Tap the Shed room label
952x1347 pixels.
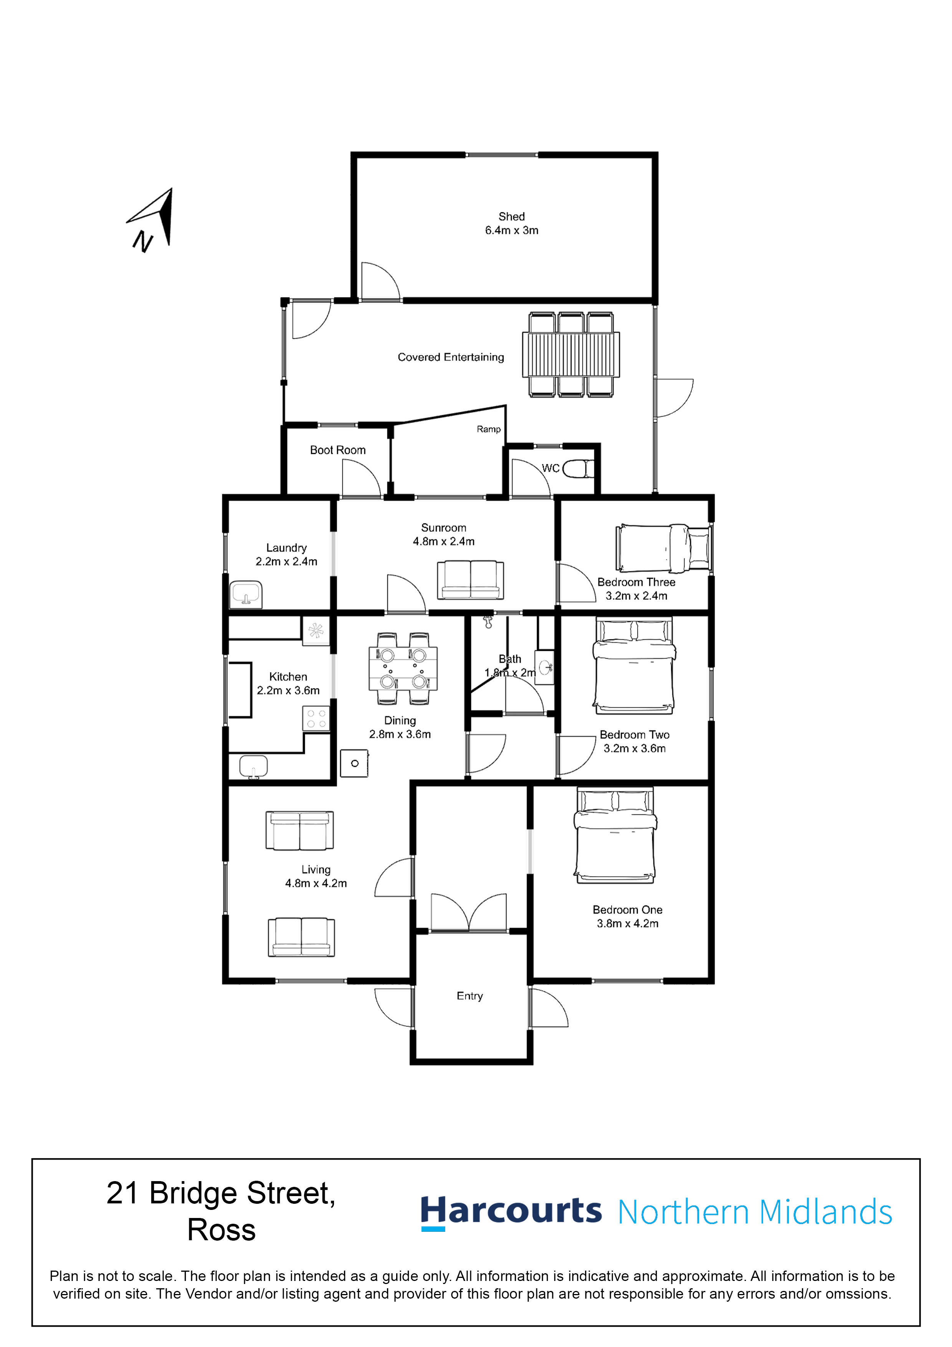pyautogui.click(x=511, y=217)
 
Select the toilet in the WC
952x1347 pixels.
pyautogui.click(x=578, y=469)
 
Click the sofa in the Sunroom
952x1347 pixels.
pyautogui.click(x=470, y=580)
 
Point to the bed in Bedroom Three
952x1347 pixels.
pyautogui.click(x=663, y=548)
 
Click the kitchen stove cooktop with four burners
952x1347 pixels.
pyautogui.click(x=316, y=719)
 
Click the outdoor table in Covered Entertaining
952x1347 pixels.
pyautogui.click(x=571, y=354)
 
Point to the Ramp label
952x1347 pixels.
pyautogui.click(x=489, y=429)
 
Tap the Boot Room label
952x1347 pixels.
pyautogui.click(x=338, y=450)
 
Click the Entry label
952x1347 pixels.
pyautogui.click(x=470, y=996)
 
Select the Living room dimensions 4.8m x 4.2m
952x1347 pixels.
pyautogui.click(x=316, y=883)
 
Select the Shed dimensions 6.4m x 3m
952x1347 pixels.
pyautogui.click(x=511, y=230)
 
